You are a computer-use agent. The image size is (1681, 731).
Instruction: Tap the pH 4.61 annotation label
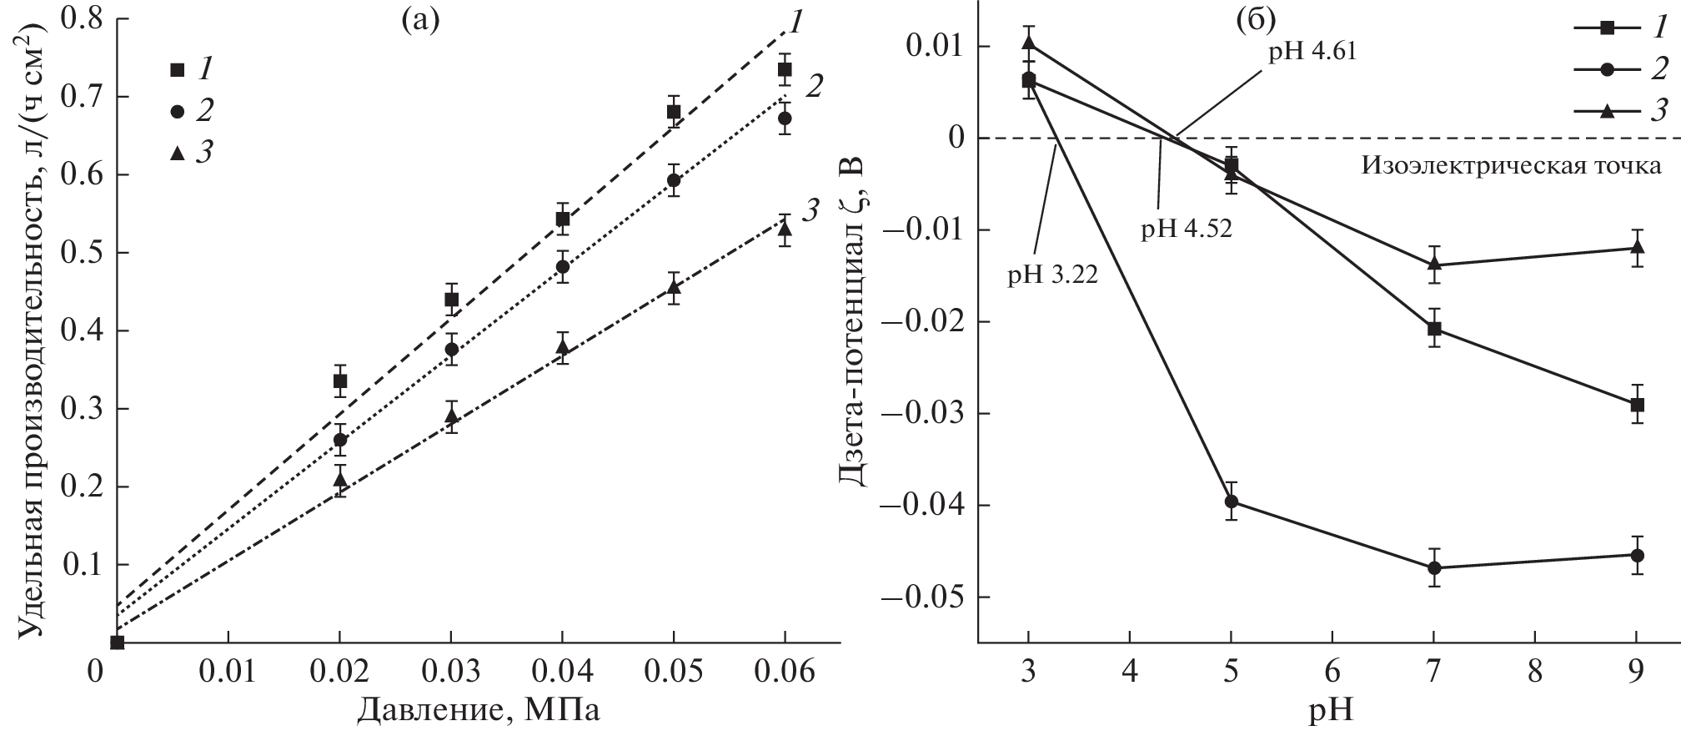pyautogui.click(x=1312, y=52)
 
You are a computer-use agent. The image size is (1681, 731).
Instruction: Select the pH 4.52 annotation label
pyautogui.click(x=1187, y=229)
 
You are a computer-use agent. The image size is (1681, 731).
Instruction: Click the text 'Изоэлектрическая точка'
pyautogui.click(x=1512, y=165)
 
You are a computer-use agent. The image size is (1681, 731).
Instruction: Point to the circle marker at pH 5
pyautogui.click(x=1232, y=501)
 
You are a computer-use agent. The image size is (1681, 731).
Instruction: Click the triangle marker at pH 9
pyautogui.click(x=1637, y=247)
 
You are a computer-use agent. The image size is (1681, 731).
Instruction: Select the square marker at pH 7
pyautogui.click(x=1434, y=329)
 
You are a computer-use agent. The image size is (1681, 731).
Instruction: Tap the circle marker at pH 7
pyautogui.click(x=1434, y=568)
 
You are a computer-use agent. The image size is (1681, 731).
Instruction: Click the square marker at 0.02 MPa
pyautogui.click(x=340, y=381)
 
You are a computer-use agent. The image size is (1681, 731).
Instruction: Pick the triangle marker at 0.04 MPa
pyautogui.click(x=563, y=346)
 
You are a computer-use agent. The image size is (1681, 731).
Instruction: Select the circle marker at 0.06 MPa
pyautogui.click(x=785, y=118)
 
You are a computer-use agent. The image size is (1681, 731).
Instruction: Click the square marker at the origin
pyautogui.click(x=118, y=642)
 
